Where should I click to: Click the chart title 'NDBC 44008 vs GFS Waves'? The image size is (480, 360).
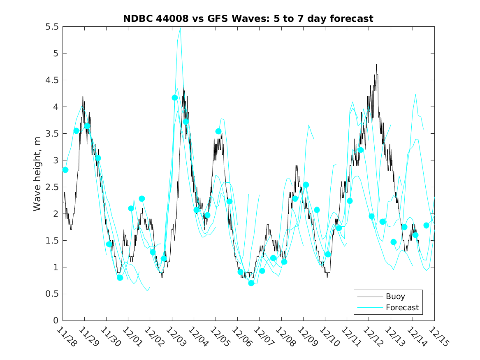coord(248,19)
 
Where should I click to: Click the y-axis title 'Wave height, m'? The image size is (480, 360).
coord(37,173)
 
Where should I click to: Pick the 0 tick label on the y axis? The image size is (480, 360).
coord(56,321)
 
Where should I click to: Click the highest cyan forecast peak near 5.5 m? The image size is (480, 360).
coord(180,28)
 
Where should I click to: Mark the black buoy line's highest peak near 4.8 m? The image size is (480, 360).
coord(376,64)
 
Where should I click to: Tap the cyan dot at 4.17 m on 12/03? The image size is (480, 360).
coord(175,98)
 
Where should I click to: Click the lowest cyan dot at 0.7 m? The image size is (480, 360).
coord(251,283)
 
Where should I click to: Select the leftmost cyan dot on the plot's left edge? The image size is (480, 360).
coord(65,170)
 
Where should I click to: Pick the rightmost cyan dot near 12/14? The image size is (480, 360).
coord(427,225)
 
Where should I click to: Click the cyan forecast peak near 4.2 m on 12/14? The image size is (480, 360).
coord(416,95)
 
